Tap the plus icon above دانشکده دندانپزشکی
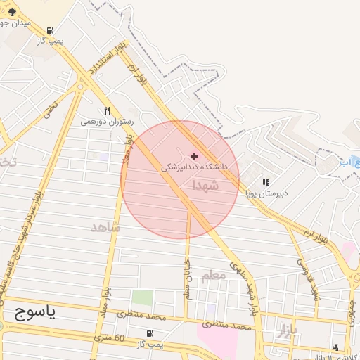(x=195, y=155)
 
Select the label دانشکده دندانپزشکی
(x=195, y=167)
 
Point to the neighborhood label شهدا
(x=205, y=185)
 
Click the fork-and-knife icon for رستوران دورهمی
(x=107, y=110)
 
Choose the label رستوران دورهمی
(x=107, y=121)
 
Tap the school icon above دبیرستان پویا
(x=266, y=182)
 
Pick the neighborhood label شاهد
(x=105, y=228)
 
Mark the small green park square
(x=142, y=297)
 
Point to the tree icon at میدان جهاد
(x=12, y=12)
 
